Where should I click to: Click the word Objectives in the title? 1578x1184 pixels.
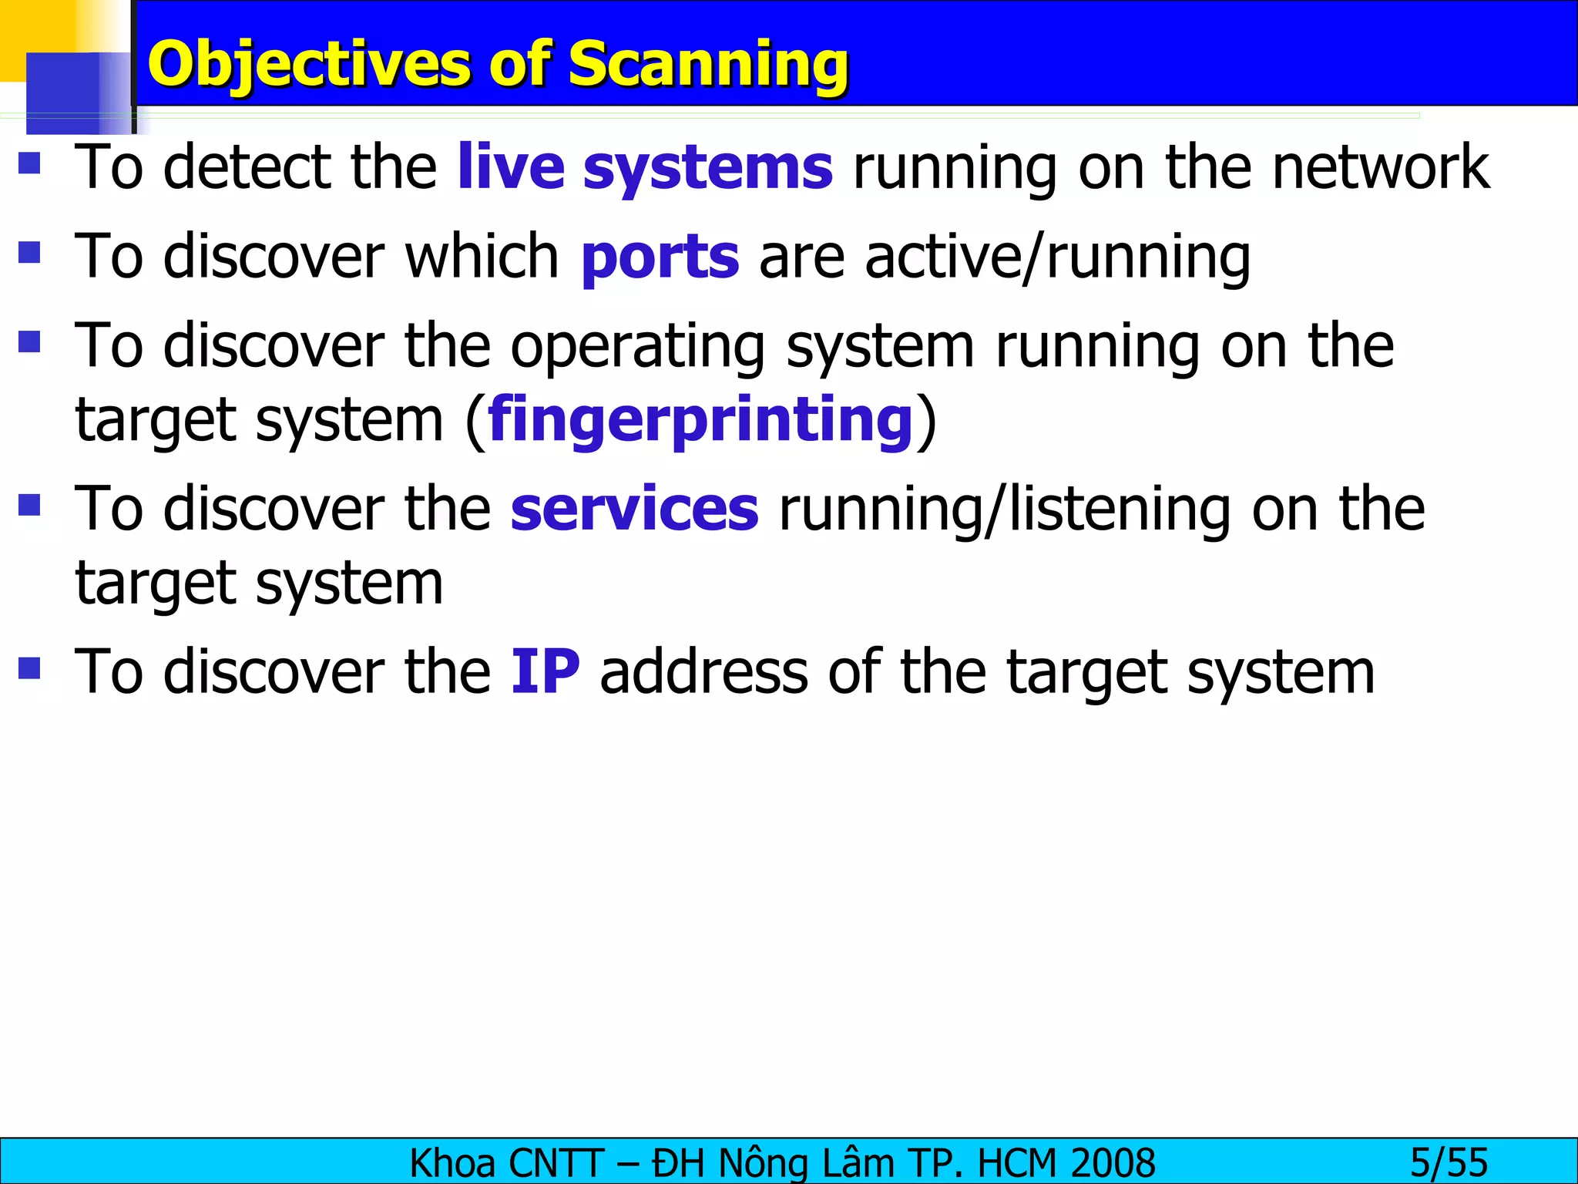[x=308, y=64]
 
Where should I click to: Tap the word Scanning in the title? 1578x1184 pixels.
[x=708, y=64]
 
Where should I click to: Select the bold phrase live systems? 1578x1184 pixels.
[x=645, y=167]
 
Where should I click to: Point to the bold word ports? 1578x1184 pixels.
[x=660, y=257]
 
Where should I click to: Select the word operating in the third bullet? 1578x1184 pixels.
[x=637, y=347]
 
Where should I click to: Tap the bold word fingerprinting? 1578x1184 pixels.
[x=700, y=420]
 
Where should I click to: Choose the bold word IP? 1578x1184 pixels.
[x=546, y=672]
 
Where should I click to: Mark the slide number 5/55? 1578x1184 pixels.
[x=1449, y=1162]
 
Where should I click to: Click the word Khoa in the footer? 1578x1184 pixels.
[x=452, y=1162]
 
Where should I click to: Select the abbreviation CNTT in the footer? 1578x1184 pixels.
[x=556, y=1162]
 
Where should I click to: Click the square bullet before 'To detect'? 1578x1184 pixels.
[x=29, y=163]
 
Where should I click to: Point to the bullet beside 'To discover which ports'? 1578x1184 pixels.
[x=29, y=252]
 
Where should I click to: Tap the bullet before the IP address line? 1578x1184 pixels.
[x=29, y=668]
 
